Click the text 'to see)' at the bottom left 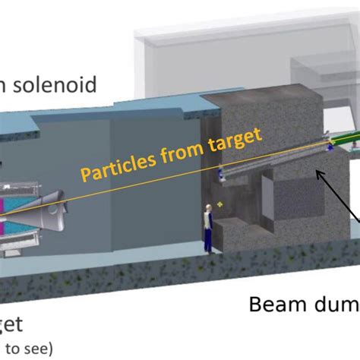(x=26, y=349)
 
